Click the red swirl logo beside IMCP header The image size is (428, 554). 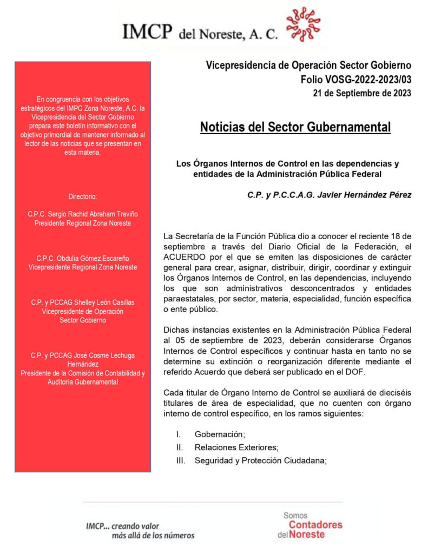[x=304, y=25]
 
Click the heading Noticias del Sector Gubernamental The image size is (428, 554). [x=295, y=127]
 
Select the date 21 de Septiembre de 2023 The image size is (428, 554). [x=362, y=93]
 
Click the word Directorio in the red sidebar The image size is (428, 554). [x=83, y=196]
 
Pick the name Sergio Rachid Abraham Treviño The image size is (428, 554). [x=83, y=214]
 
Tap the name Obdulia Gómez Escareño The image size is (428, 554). [x=83, y=258]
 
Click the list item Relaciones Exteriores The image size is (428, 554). [x=236, y=447]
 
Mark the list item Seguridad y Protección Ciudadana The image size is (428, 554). [x=261, y=461]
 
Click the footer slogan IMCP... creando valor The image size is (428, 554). [x=123, y=525]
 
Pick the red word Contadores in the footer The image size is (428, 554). [x=315, y=525]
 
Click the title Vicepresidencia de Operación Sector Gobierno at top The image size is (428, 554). [x=308, y=65]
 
